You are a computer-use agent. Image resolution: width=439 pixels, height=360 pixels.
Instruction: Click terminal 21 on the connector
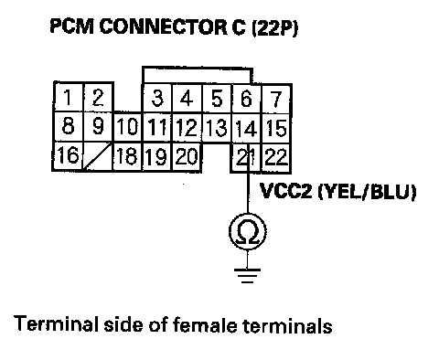click(x=246, y=157)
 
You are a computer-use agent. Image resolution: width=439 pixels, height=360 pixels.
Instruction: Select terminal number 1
click(x=69, y=97)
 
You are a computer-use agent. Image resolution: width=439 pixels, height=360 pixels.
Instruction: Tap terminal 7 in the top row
click(x=276, y=99)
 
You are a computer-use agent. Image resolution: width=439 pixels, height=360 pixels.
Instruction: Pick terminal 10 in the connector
click(x=127, y=127)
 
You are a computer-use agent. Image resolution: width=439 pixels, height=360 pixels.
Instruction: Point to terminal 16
click(x=68, y=156)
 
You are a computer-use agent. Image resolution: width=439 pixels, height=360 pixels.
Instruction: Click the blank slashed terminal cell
click(x=98, y=156)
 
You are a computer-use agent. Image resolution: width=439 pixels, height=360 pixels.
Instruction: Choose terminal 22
click(x=276, y=157)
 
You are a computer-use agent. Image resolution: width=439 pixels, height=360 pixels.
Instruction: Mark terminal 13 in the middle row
click(x=217, y=127)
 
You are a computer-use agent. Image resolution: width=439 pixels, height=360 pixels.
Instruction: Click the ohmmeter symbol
click(x=247, y=231)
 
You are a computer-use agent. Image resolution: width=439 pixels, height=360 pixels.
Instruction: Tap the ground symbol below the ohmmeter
click(x=247, y=275)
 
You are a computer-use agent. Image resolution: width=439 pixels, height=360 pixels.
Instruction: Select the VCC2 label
click(x=286, y=191)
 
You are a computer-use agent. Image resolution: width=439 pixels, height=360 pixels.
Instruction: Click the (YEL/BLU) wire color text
click(x=367, y=192)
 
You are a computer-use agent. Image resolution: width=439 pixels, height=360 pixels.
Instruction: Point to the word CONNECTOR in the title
click(x=172, y=26)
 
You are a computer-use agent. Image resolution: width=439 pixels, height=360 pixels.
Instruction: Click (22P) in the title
click(x=275, y=27)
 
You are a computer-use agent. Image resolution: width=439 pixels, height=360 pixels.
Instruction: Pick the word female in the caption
click(x=205, y=324)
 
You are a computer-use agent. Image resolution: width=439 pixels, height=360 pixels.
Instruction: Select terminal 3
click(x=157, y=99)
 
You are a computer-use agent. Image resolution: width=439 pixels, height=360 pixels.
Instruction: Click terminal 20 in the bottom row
click(x=187, y=157)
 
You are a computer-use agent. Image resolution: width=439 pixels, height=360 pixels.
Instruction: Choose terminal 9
click(x=98, y=126)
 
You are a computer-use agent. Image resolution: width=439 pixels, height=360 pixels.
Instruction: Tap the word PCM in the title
click(x=72, y=26)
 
